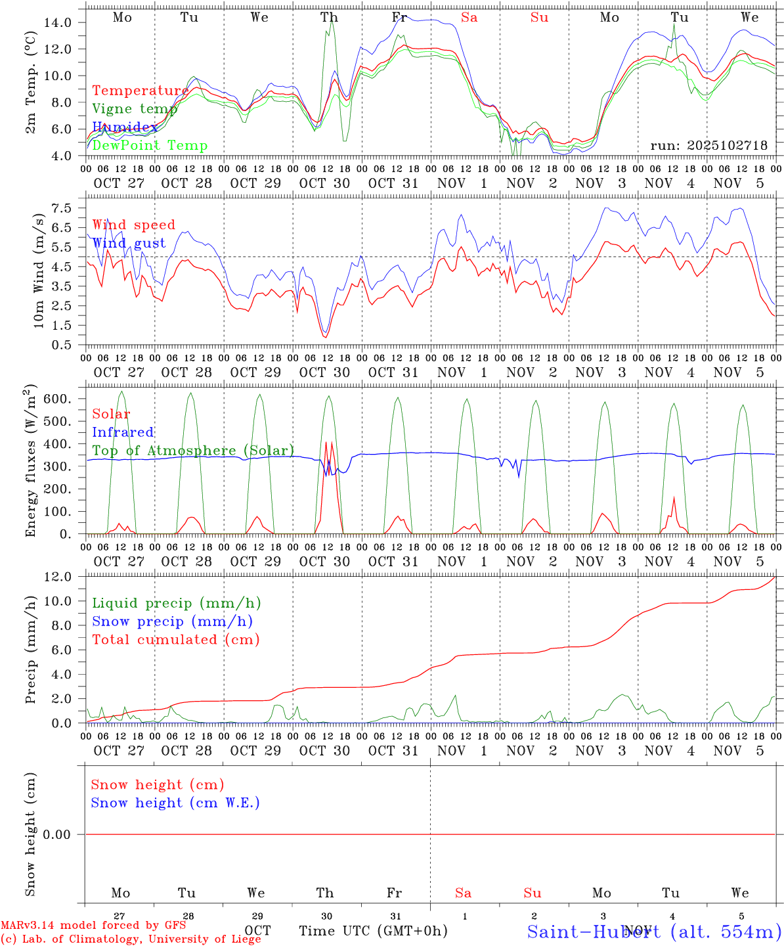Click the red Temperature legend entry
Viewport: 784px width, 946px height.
[140, 91]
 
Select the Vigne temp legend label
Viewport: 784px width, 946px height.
[135, 109]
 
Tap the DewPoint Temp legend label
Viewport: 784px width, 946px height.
[150, 145]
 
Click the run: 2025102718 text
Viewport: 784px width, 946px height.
[708, 145]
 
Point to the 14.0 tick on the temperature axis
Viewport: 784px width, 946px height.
[58, 22]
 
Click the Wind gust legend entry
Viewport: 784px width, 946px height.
[129, 243]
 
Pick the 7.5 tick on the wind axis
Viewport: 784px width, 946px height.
[60, 208]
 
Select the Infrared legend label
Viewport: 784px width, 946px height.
[123, 432]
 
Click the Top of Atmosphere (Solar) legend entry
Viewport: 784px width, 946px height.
[192, 451]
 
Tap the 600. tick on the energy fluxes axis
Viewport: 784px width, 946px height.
[58, 399]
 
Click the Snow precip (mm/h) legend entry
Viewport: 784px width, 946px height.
[172, 621]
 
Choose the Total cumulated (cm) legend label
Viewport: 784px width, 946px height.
[175, 639]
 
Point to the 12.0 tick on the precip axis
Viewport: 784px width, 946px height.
[58, 577]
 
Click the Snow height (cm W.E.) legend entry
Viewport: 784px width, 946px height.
[175, 803]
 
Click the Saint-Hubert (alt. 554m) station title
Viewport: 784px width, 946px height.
[654, 931]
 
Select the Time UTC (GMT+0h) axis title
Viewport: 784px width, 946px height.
[373, 931]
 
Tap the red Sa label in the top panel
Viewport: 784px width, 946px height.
[469, 17]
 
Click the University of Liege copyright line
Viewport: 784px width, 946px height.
[131, 939]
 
